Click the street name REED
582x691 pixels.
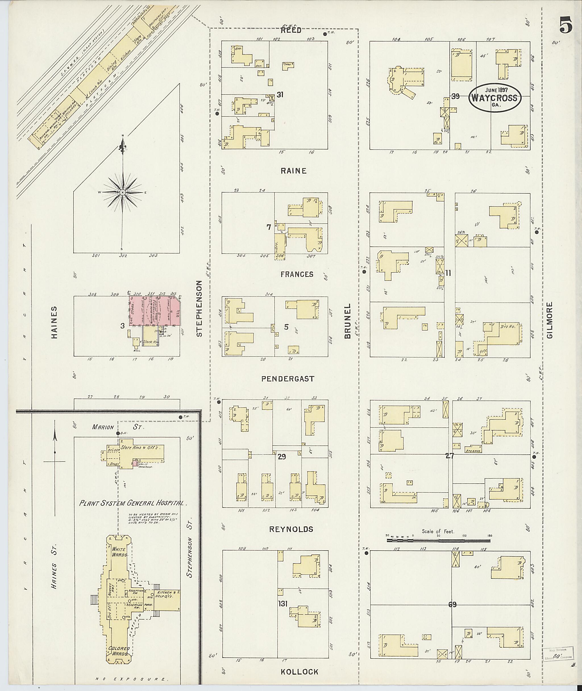tap(291, 30)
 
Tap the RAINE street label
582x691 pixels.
tap(293, 171)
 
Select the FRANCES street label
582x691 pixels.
tap(297, 274)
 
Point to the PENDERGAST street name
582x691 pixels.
tap(288, 379)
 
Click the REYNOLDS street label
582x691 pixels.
tap(291, 529)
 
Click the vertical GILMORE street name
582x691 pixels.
tap(549, 320)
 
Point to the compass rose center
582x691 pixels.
tap(122, 192)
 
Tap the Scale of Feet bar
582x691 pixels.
tap(438, 541)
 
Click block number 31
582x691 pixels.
tap(280, 95)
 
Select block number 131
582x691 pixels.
tap(283, 603)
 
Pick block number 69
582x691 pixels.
tap(452, 605)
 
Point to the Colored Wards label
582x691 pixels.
tap(119, 651)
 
